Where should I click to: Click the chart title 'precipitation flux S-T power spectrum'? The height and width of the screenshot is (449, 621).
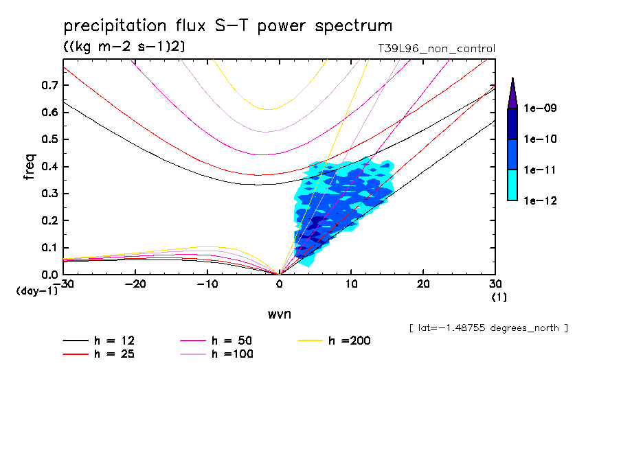pyautogui.click(x=227, y=26)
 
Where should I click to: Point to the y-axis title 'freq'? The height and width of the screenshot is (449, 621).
pyautogui.click(x=30, y=167)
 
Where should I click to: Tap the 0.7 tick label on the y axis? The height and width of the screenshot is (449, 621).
pyautogui.click(x=49, y=85)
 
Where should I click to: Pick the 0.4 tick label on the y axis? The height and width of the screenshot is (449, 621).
pyautogui.click(x=49, y=167)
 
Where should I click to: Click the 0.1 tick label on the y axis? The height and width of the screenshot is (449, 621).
pyautogui.click(x=49, y=248)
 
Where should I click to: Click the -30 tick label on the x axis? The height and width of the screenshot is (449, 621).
pyautogui.click(x=63, y=284)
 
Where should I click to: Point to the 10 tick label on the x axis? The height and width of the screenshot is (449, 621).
pyautogui.click(x=351, y=284)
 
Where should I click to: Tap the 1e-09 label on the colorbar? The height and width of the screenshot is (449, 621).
pyautogui.click(x=541, y=108)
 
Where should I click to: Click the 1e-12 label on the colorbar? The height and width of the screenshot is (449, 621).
pyautogui.click(x=541, y=200)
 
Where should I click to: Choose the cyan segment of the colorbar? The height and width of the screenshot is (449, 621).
pyautogui.click(x=512, y=185)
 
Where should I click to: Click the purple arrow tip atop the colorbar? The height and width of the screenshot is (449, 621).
pyautogui.click(x=512, y=93)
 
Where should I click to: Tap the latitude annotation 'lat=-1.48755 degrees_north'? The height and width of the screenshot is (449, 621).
pyautogui.click(x=488, y=327)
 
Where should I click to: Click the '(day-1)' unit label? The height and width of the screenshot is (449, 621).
pyautogui.click(x=36, y=291)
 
